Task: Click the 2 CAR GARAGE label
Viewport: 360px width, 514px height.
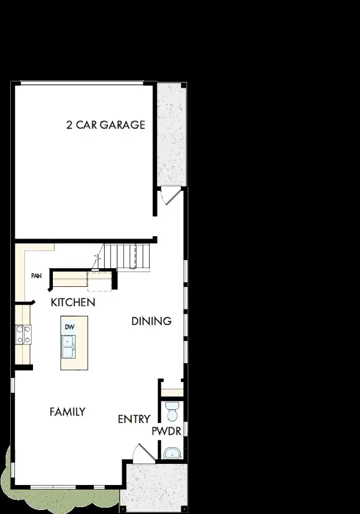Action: pos(106,125)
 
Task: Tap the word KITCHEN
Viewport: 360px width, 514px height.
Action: pos(73,302)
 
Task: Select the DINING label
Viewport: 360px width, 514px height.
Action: pos(151,321)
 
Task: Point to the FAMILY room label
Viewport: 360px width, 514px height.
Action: pos(67,411)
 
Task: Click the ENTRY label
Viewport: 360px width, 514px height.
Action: pos(134,420)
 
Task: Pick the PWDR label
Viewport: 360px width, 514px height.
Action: pos(166,431)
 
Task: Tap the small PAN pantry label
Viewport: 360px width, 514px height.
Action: pos(36,276)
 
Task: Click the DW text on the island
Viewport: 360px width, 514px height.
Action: pos(69,327)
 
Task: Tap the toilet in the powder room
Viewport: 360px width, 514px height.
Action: pos(171,409)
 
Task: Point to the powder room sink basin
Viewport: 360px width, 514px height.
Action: pos(171,453)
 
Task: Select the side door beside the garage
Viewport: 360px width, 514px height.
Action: pos(169,196)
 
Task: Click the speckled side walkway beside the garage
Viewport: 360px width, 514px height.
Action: pos(171,134)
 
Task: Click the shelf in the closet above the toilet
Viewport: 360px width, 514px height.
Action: pos(171,392)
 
